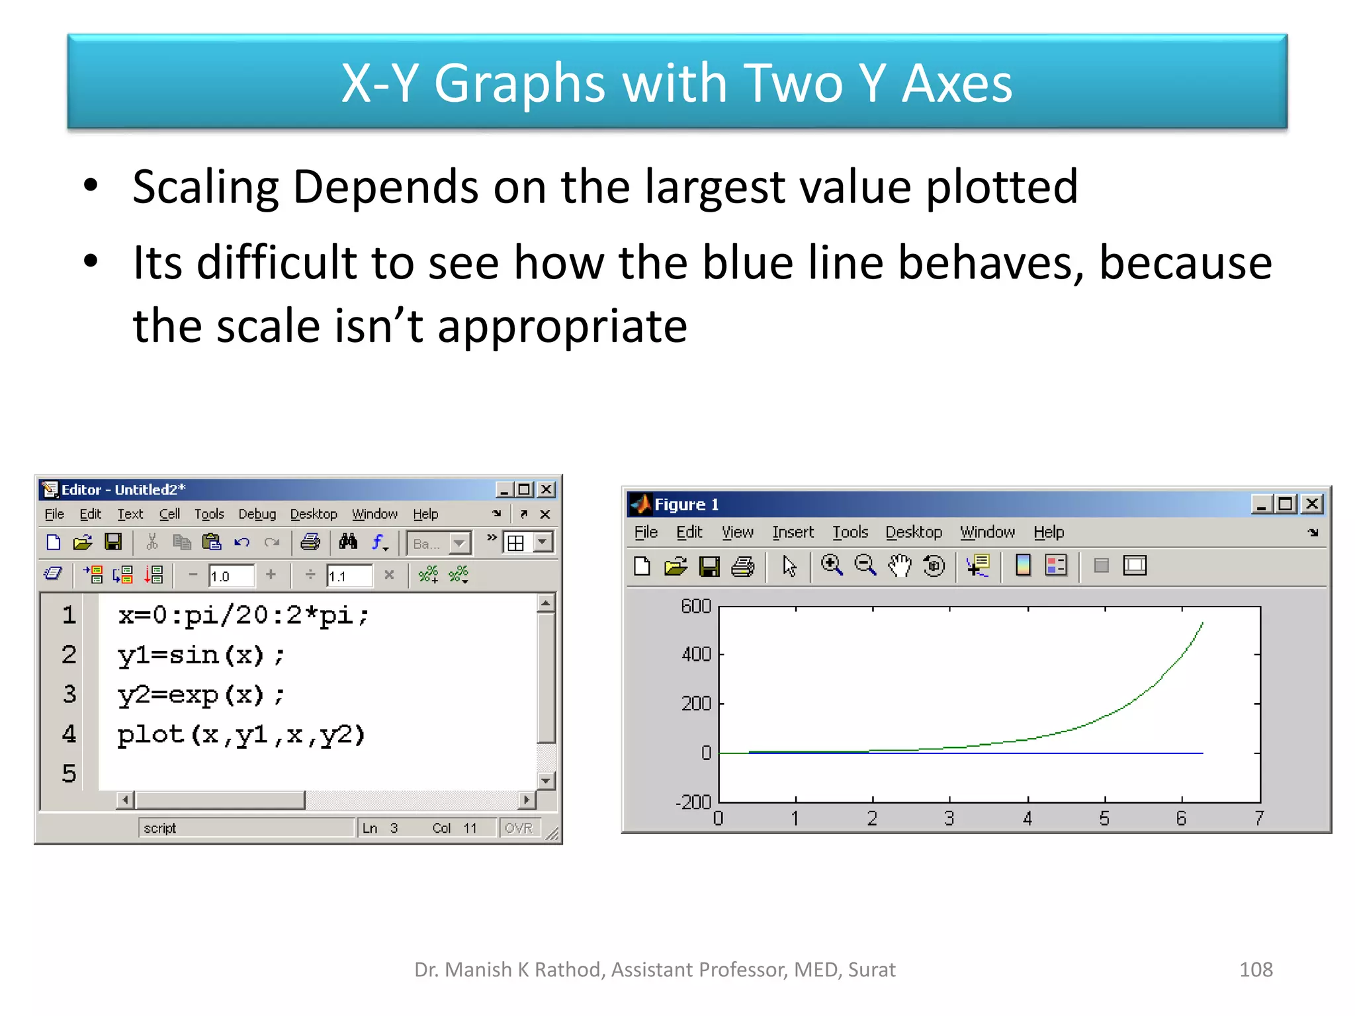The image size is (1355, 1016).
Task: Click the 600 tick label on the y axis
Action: (x=696, y=607)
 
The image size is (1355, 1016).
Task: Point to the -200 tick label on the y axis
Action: (x=693, y=802)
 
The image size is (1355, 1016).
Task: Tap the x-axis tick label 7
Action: (x=1259, y=819)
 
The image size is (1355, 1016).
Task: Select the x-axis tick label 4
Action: (x=1027, y=819)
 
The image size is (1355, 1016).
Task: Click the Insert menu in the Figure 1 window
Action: (x=793, y=532)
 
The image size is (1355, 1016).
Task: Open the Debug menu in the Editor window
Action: (x=257, y=514)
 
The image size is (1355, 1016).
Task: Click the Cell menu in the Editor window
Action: (x=169, y=514)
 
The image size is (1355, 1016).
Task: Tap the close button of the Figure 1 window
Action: (x=1312, y=505)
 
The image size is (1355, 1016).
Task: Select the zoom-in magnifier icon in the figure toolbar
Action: (x=832, y=566)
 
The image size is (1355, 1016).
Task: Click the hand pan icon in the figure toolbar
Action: (x=899, y=566)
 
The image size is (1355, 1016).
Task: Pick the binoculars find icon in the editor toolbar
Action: (x=348, y=542)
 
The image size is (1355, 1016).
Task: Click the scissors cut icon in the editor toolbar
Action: (x=152, y=542)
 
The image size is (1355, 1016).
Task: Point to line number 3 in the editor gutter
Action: (x=69, y=695)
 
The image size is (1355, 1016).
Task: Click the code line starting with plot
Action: (x=241, y=735)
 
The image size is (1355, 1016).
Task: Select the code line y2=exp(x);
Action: (x=201, y=695)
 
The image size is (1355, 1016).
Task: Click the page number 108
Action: (x=1256, y=970)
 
